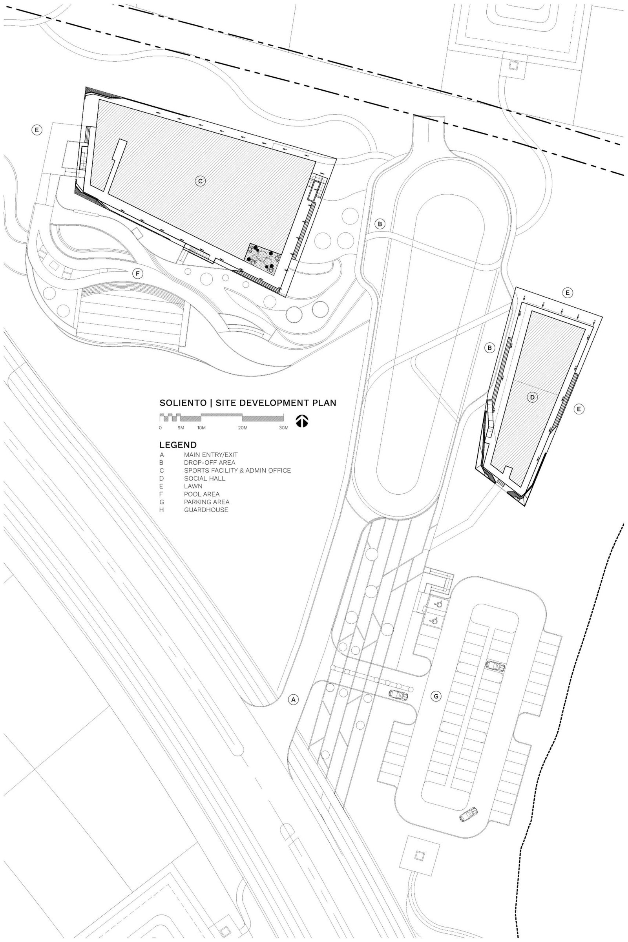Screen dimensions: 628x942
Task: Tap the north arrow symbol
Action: point(302,421)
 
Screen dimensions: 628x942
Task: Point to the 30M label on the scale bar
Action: point(283,428)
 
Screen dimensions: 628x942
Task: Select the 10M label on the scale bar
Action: point(201,428)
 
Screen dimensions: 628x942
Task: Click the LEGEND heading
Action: point(178,445)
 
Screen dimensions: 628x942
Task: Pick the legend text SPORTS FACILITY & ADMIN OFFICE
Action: point(237,470)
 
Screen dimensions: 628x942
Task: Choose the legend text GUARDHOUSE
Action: point(206,510)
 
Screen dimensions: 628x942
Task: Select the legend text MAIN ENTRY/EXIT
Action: point(211,455)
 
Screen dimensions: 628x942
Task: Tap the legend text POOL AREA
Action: point(202,494)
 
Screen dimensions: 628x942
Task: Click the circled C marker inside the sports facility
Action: point(201,181)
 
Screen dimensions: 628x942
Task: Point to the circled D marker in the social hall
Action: point(532,397)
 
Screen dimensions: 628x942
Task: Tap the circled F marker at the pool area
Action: point(138,274)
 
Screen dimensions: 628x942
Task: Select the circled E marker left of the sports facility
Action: point(37,130)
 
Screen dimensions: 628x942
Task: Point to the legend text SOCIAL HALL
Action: point(204,478)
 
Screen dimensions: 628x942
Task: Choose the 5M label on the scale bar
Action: point(181,428)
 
